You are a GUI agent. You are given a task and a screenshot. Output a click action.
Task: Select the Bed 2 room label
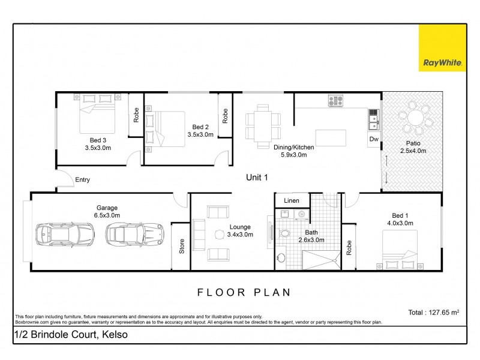(x=200, y=131)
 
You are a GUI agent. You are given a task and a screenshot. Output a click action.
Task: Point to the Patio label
(x=412, y=147)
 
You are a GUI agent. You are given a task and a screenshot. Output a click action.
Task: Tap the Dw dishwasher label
(x=374, y=139)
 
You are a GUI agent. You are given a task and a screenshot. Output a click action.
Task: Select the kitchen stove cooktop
(x=334, y=100)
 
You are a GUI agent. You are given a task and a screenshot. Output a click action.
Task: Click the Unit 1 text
(x=257, y=177)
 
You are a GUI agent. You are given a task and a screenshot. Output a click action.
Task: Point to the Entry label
(x=83, y=179)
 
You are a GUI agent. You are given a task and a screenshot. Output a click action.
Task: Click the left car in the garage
(x=65, y=235)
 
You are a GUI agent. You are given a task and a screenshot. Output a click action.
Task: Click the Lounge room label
(x=241, y=231)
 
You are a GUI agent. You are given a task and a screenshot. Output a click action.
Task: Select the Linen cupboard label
(x=292, y=200)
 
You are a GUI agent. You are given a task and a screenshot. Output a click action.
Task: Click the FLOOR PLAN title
(x=244, y=293)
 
